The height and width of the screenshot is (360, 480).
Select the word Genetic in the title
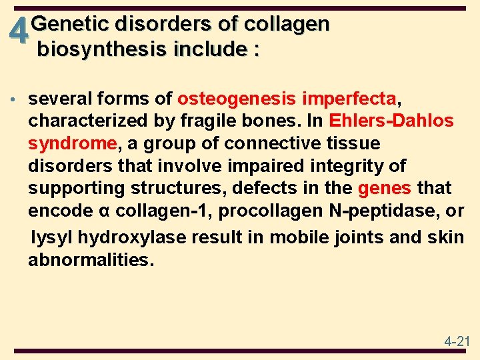(69, 25)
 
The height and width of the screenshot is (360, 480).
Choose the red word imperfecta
(349, 99)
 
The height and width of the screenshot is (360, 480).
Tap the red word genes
(385, 189)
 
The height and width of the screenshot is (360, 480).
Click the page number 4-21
(457, 342)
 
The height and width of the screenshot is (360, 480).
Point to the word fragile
(201, 122)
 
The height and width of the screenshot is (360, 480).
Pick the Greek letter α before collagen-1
(103, 212)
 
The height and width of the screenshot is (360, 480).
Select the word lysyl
(52, 237)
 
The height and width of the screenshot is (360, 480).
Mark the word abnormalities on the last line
(91, 260)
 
